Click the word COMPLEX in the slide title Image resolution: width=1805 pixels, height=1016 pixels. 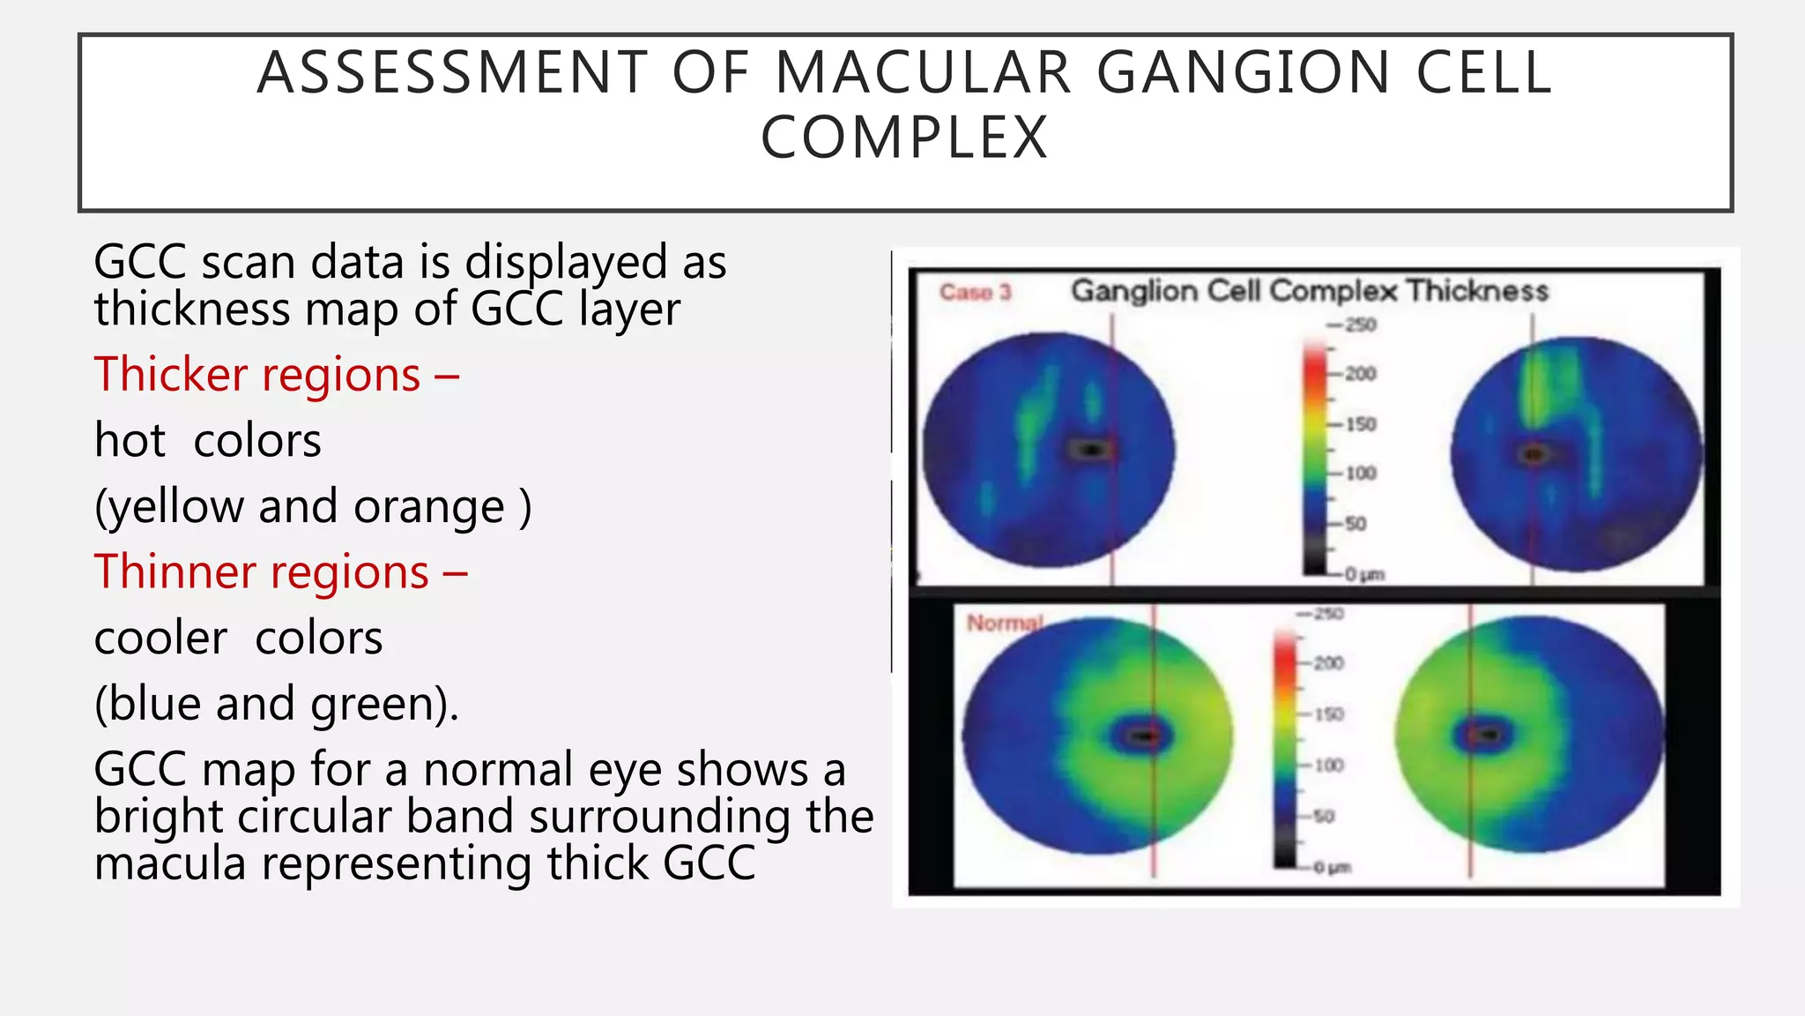pos(904,138)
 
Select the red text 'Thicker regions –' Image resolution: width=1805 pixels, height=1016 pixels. pos(277,374)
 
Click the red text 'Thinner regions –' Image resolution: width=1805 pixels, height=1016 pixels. pos(280,571)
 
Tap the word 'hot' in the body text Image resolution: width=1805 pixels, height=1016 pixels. pos(130,440)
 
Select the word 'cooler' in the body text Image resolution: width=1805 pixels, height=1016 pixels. pos(160,638)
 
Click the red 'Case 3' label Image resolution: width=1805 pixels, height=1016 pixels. pos(975,292)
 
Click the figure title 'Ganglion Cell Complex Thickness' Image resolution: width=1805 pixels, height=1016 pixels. pos(1309,290)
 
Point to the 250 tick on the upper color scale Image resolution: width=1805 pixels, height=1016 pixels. pos(1360,325)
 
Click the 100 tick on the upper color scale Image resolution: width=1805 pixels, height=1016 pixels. pos(1360,474)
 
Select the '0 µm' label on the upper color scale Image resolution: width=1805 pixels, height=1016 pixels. pos(1364,575)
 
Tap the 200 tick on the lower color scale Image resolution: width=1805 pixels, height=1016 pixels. pos(1328,663)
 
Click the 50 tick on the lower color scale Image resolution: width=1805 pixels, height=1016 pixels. pos(1324,817)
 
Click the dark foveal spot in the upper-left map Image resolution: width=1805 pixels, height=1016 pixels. pos(1092,451)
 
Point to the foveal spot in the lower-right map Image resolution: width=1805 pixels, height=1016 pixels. pos(1488,734)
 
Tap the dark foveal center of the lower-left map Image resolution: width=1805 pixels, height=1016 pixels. pos(1143,736)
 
